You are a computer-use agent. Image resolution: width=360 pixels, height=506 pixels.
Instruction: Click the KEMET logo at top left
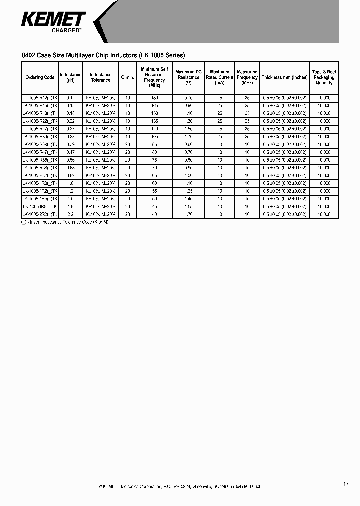click(54, 20)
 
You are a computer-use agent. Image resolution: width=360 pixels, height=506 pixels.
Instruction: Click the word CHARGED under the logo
click(66, 31)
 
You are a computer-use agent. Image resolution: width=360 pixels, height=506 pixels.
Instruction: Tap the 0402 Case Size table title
click(104, 55)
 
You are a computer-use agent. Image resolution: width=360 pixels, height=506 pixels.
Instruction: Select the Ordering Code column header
click(40, 77)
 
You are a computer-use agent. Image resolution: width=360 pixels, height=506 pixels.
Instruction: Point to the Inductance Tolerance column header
click(100, 77)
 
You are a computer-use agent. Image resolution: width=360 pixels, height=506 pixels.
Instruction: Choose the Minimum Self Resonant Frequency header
click(154, 77)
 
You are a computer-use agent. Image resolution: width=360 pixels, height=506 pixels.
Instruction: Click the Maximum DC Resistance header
click(188, 77)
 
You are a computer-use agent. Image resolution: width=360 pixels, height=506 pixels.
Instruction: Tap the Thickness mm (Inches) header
click(284, 77)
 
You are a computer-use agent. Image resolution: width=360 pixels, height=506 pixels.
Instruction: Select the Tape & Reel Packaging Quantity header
click(324, 77)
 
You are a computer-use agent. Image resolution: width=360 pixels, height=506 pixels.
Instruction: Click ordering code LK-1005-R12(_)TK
click(40, 98)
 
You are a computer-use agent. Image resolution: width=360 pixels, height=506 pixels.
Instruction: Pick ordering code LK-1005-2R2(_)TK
click(40, 214)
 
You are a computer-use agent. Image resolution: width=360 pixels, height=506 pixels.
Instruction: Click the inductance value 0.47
click(70, 152)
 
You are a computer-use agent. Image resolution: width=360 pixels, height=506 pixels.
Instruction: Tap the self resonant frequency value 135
click(154, 121)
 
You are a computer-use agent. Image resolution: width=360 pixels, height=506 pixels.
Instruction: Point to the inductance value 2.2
click(70, 214)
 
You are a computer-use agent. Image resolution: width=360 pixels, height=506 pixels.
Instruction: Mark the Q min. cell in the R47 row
click(128, 152)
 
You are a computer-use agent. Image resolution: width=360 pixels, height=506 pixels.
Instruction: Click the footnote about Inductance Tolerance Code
click(65, 221)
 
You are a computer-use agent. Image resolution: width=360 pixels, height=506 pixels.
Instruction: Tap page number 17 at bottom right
click(346, 484)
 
